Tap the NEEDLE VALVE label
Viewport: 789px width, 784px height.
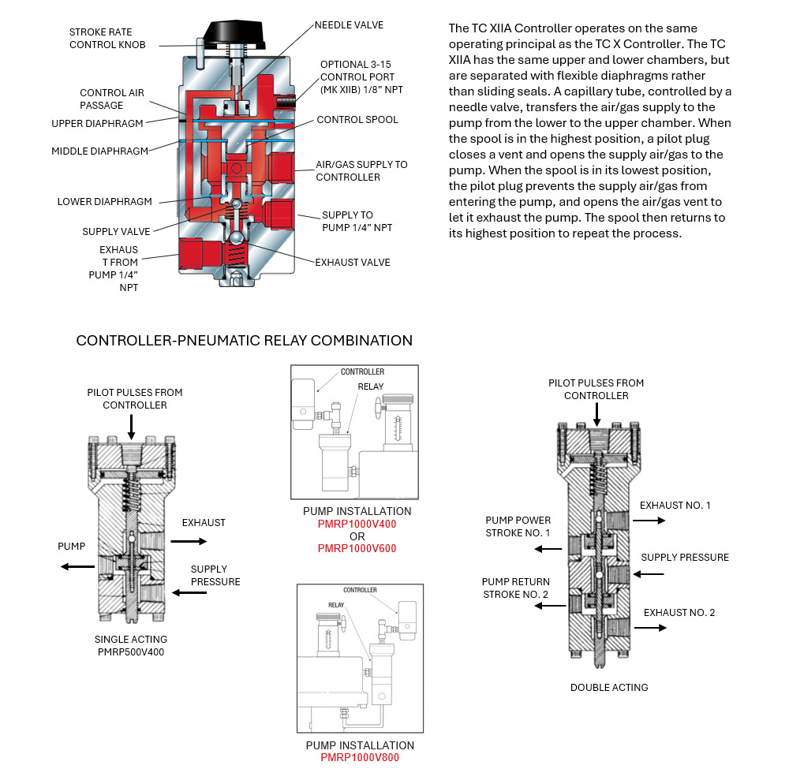(349, 25)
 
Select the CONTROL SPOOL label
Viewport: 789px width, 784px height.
(357, 120)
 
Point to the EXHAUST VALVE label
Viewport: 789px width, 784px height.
(353, 262)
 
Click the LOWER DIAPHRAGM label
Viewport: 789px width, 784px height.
(104, 202)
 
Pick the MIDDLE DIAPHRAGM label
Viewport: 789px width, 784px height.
(99, 151)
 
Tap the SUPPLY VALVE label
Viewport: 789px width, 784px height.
(116, 232)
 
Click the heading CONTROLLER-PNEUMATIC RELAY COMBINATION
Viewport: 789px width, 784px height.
(244, 341)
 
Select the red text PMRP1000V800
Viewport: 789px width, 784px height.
(360, 758)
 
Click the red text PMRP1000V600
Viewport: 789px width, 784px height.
(357, 548)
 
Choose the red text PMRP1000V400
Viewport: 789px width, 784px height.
(357, 524)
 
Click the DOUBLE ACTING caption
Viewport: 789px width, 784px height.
(609, 687)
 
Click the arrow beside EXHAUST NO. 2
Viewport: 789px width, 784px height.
(652, 628)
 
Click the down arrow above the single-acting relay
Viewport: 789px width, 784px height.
(131, 426)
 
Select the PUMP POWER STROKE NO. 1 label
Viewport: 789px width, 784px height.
(518, 527)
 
